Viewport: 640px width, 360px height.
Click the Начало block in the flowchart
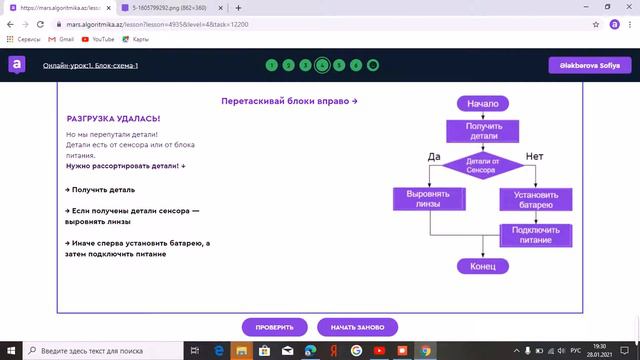(484, 102)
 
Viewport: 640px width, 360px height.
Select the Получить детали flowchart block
(484, 131)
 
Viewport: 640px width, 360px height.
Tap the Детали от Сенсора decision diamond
(484, 165)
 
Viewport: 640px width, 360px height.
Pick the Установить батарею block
(535, 199)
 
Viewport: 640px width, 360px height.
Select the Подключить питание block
(535, 235)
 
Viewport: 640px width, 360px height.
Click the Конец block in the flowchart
(484, 266)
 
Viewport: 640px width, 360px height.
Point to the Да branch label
(433, 156)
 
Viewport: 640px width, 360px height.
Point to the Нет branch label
(534, 156)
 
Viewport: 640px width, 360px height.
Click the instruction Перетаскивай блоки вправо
(289, 101)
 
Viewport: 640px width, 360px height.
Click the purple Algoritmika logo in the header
(17, 65)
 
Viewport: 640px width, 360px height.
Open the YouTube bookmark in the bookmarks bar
(98, 39)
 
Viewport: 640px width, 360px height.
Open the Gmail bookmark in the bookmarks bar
(62, 39)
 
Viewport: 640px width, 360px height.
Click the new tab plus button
(238, 7)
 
